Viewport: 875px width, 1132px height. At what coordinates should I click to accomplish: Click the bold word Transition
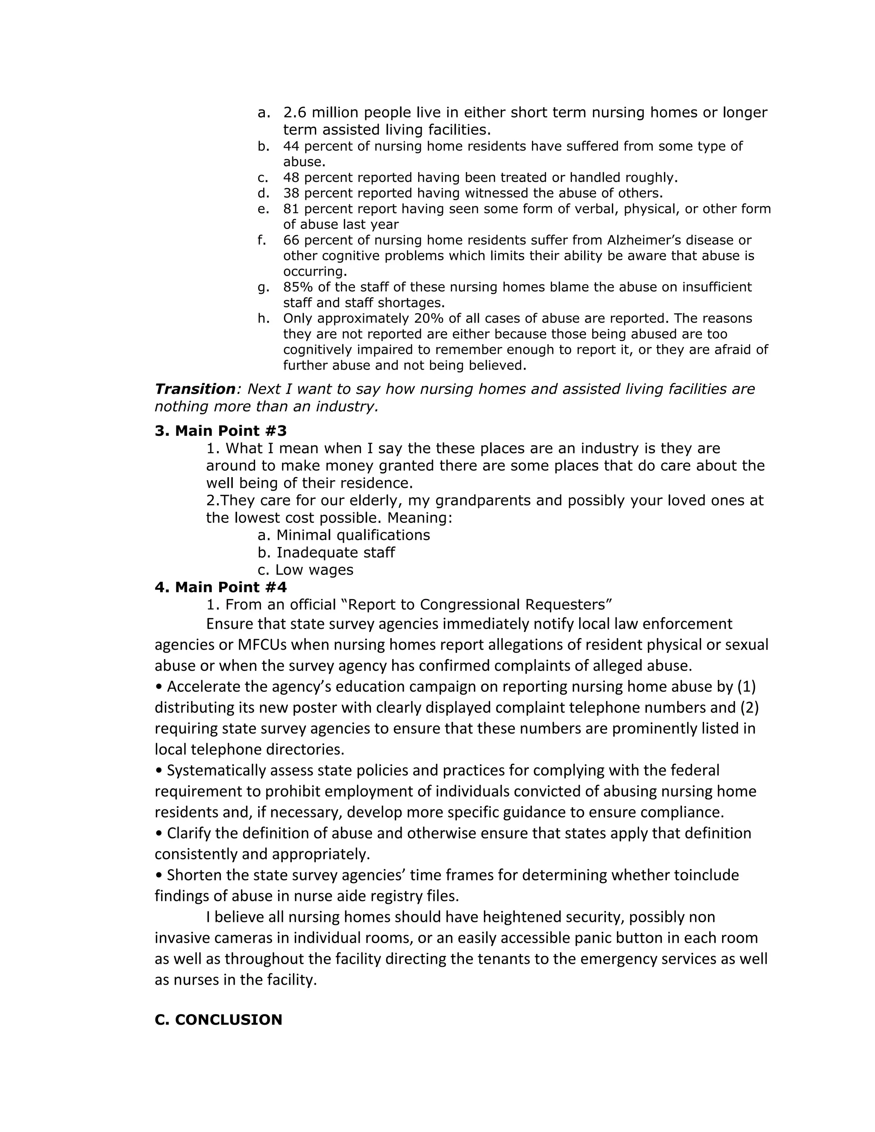tap(195, 389)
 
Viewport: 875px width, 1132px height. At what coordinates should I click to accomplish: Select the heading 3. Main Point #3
tap(220, 431)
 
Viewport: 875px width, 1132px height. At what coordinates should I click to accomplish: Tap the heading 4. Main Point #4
tap(220, 587)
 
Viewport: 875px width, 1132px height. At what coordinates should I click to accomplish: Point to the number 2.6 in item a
tap(294, 112)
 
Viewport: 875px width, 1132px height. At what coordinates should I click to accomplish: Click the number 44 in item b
tap(291, 146)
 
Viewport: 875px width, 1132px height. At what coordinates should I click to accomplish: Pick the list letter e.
tap(263, 209)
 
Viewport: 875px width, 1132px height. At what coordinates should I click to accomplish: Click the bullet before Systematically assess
tap(159, 771)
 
